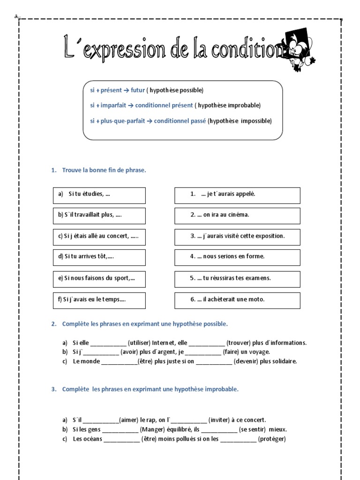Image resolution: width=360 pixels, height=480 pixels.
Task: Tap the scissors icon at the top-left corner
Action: click(x=17, y=18)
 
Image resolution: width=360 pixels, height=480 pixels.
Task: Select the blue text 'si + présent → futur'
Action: click(x=117, y=90)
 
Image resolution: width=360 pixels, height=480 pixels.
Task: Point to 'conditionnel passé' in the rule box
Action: click(x=179, y=121)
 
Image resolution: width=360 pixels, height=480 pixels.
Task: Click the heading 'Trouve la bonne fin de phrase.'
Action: click(x=104, y=170)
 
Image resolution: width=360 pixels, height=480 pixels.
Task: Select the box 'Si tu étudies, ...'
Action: click(x=99, y=195)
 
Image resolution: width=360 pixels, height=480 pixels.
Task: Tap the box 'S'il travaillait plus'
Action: click(x=99, y=215)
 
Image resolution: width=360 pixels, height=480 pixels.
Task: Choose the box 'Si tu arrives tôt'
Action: click(x=99, y=257)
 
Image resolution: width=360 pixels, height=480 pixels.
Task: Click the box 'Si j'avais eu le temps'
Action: click(x=99, y=300)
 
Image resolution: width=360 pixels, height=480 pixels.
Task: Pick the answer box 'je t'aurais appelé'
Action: click(x=237, y=195)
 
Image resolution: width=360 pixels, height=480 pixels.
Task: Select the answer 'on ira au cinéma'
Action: click(x=237, y=215)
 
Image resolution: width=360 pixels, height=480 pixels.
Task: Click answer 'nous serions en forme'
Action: click(x=237, y=257)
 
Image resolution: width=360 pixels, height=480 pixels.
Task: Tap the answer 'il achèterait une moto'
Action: click(x=237, y=300)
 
